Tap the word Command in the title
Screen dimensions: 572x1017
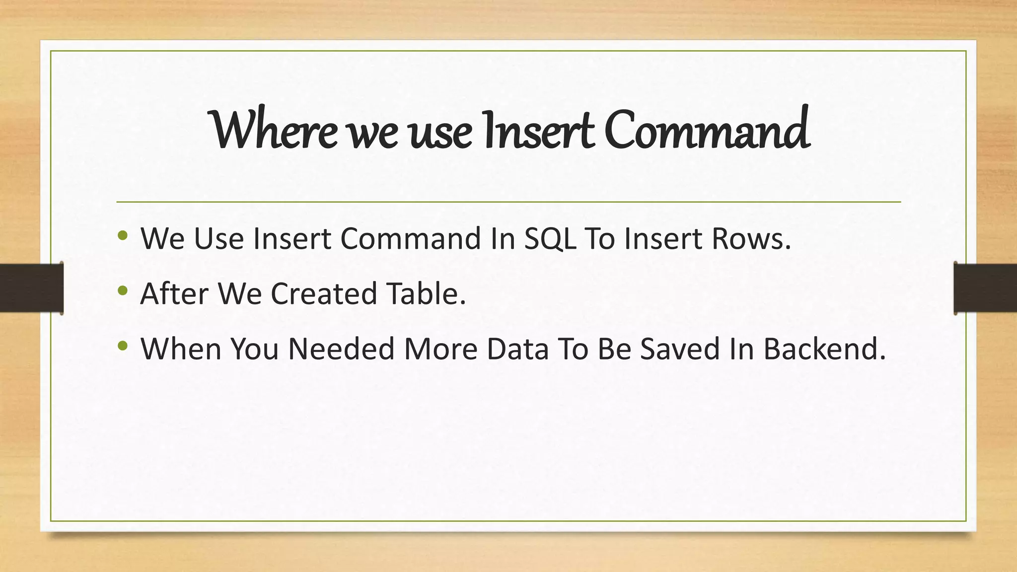707,130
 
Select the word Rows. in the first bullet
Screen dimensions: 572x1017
751,238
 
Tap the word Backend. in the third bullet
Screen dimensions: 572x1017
824,349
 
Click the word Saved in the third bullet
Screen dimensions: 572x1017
679,349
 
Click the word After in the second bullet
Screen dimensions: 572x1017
174,293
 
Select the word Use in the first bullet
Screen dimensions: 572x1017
218,238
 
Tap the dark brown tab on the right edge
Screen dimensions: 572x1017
985,288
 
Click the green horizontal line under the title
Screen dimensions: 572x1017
508,202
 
